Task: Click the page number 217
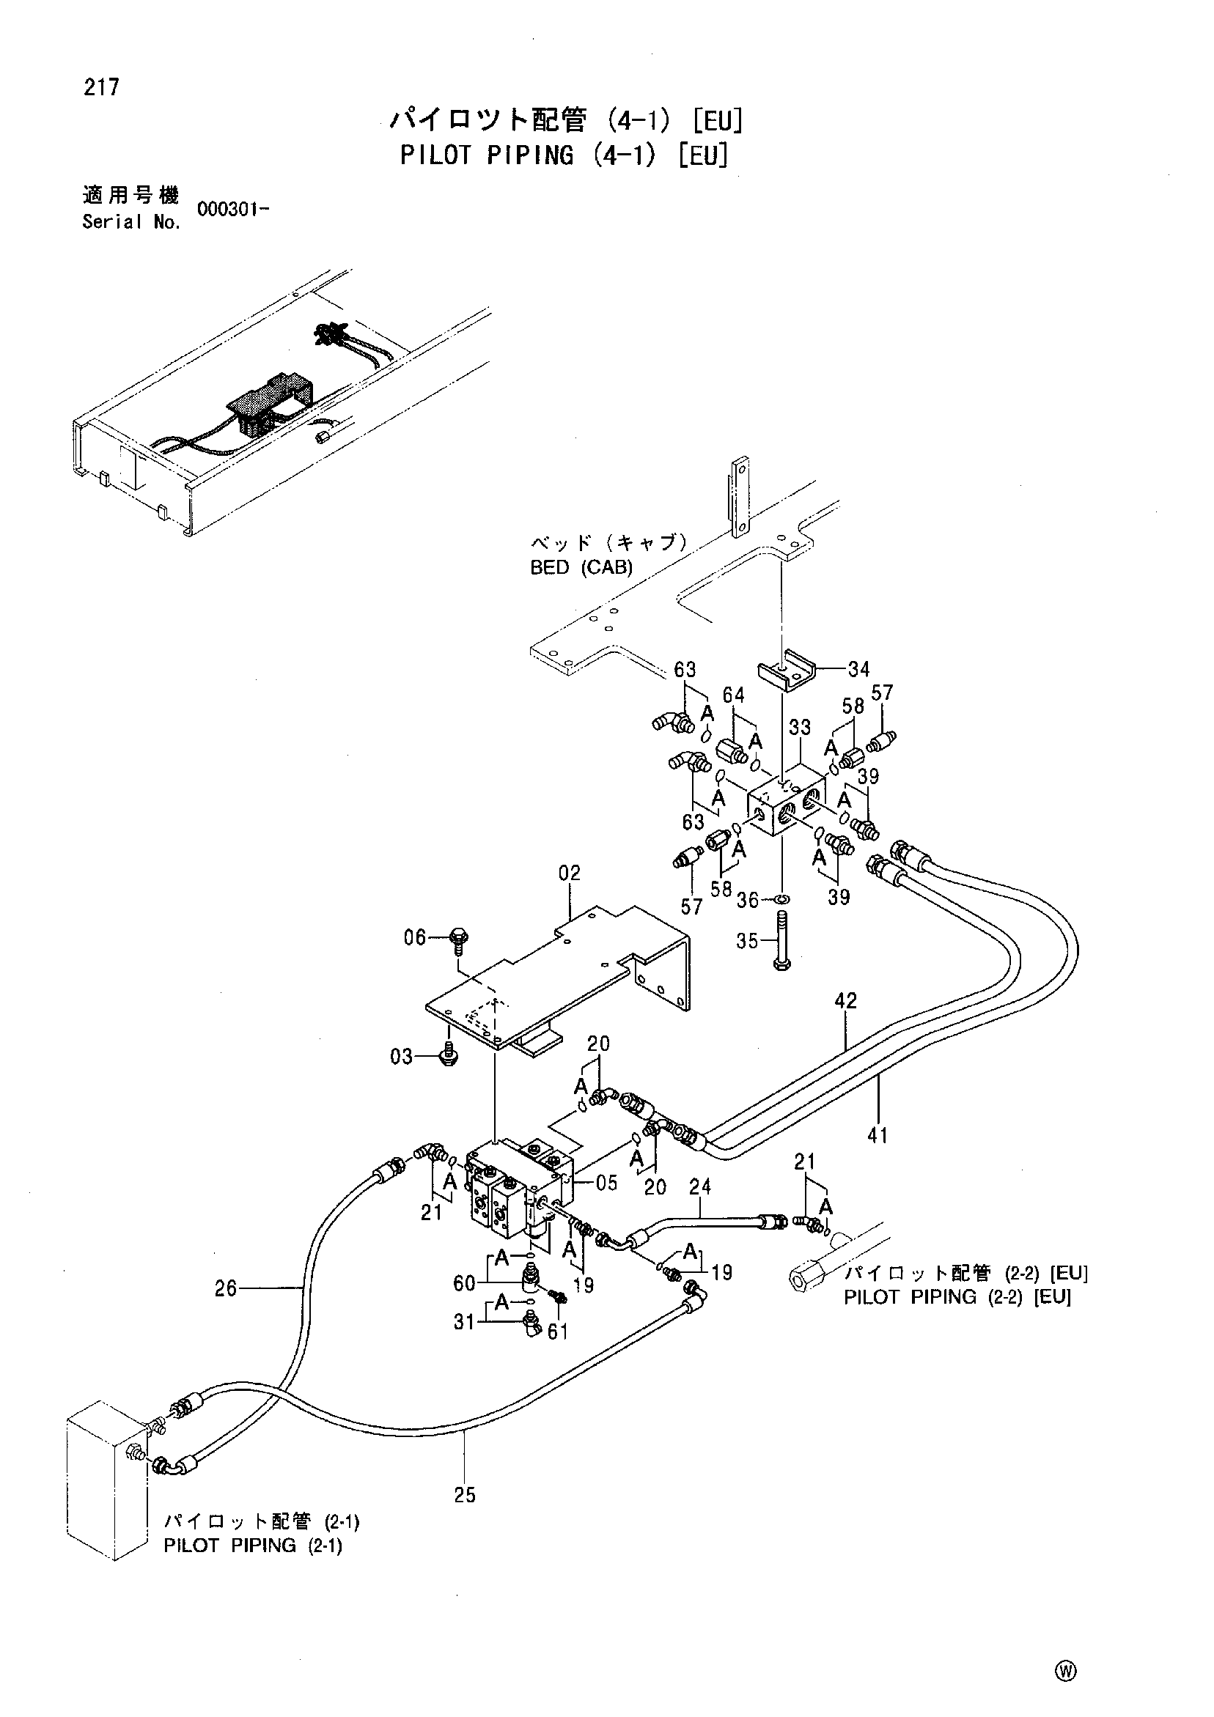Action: coord(101,87)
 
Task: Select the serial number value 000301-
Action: coord(232,210)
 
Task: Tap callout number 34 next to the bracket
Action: coord(858,668)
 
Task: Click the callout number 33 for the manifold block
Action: coord(800,726)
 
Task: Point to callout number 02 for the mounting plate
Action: coord(569,873)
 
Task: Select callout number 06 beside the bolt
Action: coord(415,937)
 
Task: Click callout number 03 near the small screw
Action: coord(402,1057)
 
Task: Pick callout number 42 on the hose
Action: coord(846,1000)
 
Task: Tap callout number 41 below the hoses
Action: coord(878,1135)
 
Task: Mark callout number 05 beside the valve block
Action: coord(606,1183)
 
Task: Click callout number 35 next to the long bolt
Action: coord(747,941)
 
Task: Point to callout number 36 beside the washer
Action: coord(748,901)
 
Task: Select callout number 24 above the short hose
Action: coord(700,1186)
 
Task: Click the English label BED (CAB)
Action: coord(581,568)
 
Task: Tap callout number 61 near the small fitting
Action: coord(558,1331)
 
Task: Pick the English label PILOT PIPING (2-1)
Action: coord(253,1546)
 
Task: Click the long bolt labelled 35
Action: coord(782,942)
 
